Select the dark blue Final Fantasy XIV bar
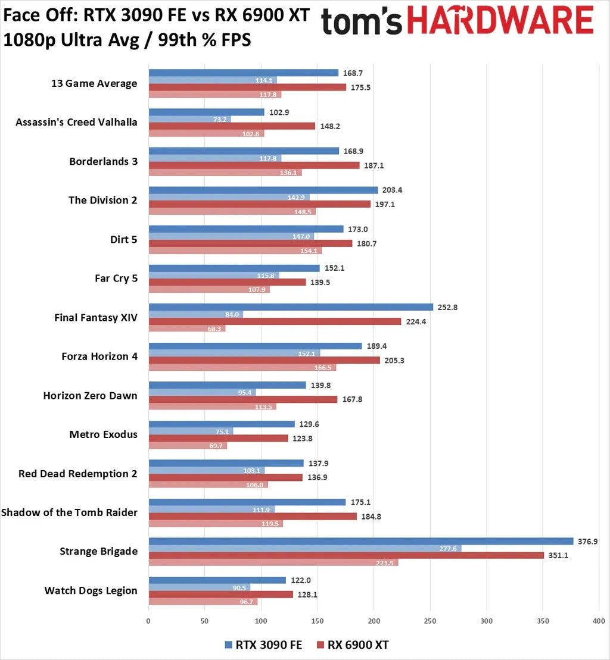(x=291, y=307)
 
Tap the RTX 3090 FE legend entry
(x=264, y=645)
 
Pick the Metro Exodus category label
(x=103, y=434)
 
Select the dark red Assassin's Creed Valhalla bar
(x=232, y=126)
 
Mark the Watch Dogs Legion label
(x=91, y=590)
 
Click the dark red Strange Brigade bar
(x=346, y=555)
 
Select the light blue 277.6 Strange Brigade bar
(x=305, y=548)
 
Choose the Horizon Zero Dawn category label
(x=90, y=395)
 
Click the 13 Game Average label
(x=94, y=83)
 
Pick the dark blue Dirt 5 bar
(x=246, y=229)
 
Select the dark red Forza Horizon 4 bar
(x=264, y=360)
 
